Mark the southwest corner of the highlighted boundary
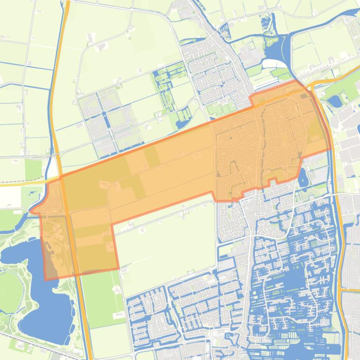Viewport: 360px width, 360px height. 46,280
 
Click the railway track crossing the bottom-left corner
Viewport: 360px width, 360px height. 19,346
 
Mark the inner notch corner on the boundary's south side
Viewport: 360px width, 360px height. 112,225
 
